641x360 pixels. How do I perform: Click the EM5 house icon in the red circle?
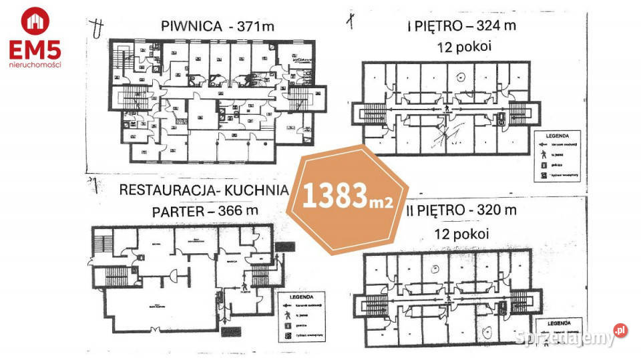click(x=34, y=21)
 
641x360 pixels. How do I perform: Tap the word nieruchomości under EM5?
click(x=35, y=65)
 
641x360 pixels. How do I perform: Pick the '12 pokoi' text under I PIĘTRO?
click(x=461, y=47)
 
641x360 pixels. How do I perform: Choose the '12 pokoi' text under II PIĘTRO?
click(x=461, y=234)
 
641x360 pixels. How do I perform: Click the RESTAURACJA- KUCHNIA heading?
click(x=203, y=189)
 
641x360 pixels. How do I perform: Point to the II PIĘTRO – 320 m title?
click(x=461, y=210)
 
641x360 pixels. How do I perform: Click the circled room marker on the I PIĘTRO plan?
click(x=460, y=77)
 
